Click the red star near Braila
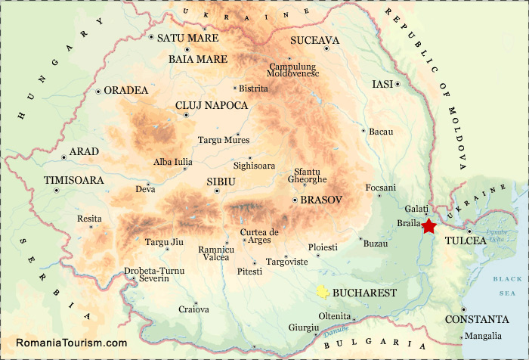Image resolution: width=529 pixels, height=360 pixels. tap(429, 225)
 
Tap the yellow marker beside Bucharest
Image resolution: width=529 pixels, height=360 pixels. tap(323, 292)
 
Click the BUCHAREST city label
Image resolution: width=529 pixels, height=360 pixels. tap(365, 292)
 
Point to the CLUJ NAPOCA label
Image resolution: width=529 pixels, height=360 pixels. tap(211, 105)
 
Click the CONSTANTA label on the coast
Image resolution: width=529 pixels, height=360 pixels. tap(476, 319)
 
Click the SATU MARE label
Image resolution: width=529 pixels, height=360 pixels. tap(187, 38)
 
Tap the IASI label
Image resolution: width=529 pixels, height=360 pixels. tap(382, 84)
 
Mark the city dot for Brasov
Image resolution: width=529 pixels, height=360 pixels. tap(294, 200)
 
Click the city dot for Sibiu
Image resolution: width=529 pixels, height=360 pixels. tap(217, 191)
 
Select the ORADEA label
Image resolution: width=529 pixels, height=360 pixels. tap(125, 90)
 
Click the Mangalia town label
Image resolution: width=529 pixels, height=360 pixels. tap(483, 336)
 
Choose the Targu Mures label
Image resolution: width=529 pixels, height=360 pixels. tap(223, 140)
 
